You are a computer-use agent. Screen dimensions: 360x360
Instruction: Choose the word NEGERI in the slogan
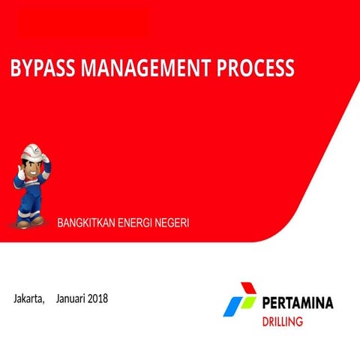coord(174,223)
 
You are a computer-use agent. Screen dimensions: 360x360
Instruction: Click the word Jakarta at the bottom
coord(29,298)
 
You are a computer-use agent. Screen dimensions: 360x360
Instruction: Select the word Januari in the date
coord(70,298)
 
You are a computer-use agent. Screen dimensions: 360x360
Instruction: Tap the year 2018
coord(98,298)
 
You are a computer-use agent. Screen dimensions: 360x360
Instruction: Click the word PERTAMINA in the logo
coord(298,304)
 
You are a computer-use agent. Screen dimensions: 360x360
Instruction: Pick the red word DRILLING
coord(282,322)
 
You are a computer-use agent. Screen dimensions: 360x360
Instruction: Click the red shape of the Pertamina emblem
coord(248,289)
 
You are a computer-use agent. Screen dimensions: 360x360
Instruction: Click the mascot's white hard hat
coord(31,153)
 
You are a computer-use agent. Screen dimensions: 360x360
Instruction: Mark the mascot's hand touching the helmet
coord(46,157)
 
